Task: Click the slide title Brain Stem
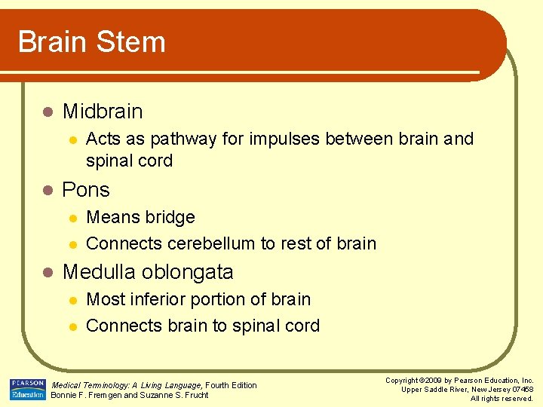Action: point(91,42)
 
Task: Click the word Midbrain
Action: point(103,112)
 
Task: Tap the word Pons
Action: point(86,190)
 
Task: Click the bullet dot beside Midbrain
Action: point(47,112)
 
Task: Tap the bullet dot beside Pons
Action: point(47,191)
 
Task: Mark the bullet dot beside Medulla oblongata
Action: point(47,272)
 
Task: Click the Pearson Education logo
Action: point(26,389)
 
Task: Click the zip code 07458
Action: point(521,390)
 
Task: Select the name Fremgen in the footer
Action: point(103,396)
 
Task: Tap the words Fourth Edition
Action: point(232,385)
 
